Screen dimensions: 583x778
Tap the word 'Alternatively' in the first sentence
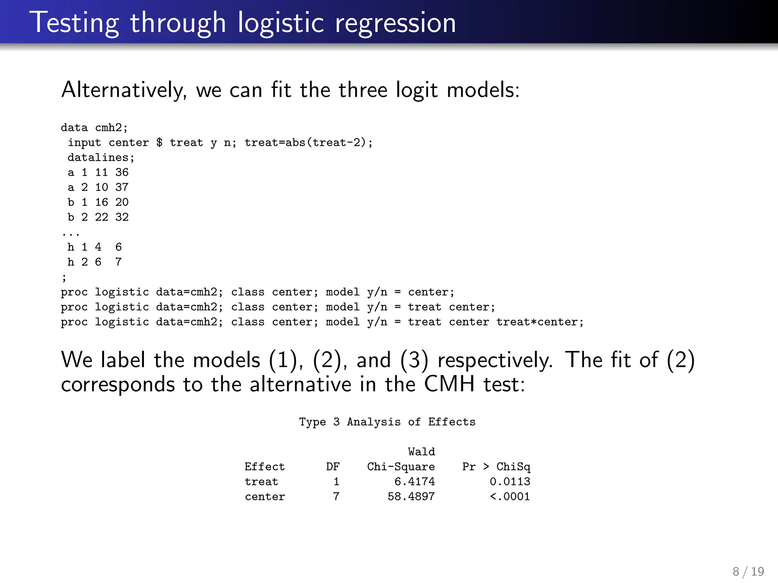pos(124,90)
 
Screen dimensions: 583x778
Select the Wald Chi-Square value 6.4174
pos(414,482)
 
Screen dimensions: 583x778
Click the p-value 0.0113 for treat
pos(510,482)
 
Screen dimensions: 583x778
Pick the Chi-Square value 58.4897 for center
pos(411,496)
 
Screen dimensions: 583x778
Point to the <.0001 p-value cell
pos(510,496)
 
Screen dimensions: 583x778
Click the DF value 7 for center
pos(336,496)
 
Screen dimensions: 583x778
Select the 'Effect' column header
pos(264,467)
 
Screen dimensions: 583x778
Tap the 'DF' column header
pos(333,467)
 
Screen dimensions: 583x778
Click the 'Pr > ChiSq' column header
pos(496,467)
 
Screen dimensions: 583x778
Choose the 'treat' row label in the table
pos(261,482)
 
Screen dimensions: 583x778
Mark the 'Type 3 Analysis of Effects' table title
pos(387,422)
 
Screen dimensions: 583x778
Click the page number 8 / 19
pos(748,571)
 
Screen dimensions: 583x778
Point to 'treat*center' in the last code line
pos(539,322)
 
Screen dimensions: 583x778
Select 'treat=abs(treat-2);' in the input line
pos(308,143)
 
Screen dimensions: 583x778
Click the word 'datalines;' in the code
pos(101,158)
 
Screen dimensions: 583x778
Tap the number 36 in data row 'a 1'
pos(122,172)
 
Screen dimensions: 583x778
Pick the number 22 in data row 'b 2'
pos(101,217)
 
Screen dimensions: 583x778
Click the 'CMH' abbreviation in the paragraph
pos(449,384)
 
